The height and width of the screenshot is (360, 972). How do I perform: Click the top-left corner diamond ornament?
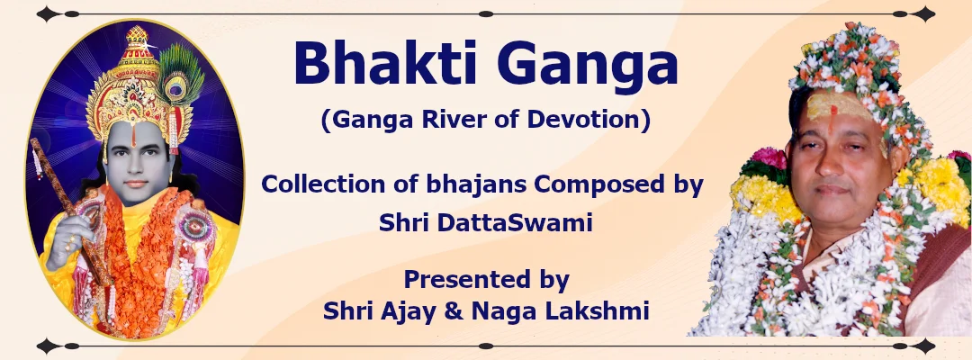(49, 13)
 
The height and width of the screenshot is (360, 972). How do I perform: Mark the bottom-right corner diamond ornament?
(924, 346)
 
